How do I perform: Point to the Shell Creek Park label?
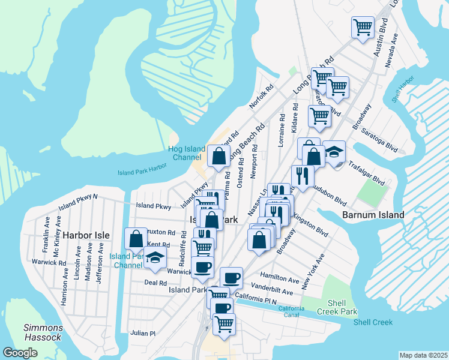pos(339,307)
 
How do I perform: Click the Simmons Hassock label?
pos(43,332)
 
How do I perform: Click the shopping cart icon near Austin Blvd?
pos(363,26)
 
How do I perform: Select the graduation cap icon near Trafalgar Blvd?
pos(334,152)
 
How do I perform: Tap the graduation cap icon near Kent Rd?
pos(155,257)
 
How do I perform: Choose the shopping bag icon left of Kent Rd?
pos(136,238)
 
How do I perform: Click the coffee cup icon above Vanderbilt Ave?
pos(231,277)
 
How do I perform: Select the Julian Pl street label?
pos(143,333)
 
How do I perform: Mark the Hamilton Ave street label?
pos(280,280)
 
